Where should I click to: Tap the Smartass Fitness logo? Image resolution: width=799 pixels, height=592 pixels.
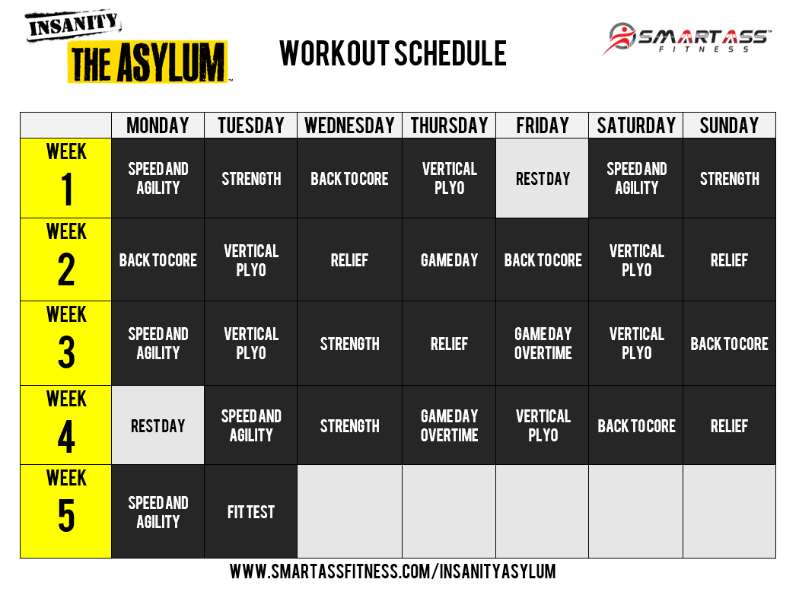click(x=689, y=38)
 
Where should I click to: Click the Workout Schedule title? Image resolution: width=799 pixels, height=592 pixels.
click(x=393, y=53)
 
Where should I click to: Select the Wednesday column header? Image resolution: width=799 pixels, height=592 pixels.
click(x=349, y=126)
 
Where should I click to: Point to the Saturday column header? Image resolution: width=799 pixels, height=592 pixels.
click(x=636, y=126)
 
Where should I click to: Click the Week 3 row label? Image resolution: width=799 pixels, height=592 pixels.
click(x=66, y=342)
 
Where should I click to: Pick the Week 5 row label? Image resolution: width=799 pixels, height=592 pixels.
click(x=66, y=511)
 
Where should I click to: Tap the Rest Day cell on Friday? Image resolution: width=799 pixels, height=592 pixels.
click(x=543, y=179)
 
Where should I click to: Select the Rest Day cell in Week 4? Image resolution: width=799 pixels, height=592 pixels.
click(x=158, y=425)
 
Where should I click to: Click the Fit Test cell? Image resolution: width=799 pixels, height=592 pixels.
click(x=250, y=512)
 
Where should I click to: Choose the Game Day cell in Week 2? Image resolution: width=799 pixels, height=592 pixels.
click(x=449, y=260)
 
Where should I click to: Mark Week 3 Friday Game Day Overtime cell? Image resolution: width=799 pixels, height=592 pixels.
click(x=543, y=343)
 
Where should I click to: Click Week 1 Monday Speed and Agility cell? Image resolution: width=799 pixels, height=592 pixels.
click(x=158, y=179)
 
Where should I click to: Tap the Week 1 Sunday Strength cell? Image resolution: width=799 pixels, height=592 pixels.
click(x=729, y=179)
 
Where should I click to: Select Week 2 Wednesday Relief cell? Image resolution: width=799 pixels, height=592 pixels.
click(x=349, y=260)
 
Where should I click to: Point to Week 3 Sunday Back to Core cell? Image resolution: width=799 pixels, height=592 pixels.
click(x=729, y=343)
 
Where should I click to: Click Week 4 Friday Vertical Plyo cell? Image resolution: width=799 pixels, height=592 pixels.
click(x=543, y=425)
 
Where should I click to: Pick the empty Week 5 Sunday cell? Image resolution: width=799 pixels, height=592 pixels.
click(x=729, y=511)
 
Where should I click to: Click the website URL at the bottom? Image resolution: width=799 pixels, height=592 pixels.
click(x=393, y=571)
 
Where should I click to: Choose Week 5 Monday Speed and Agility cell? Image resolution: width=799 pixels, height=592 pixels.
click(x=158, y=512)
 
